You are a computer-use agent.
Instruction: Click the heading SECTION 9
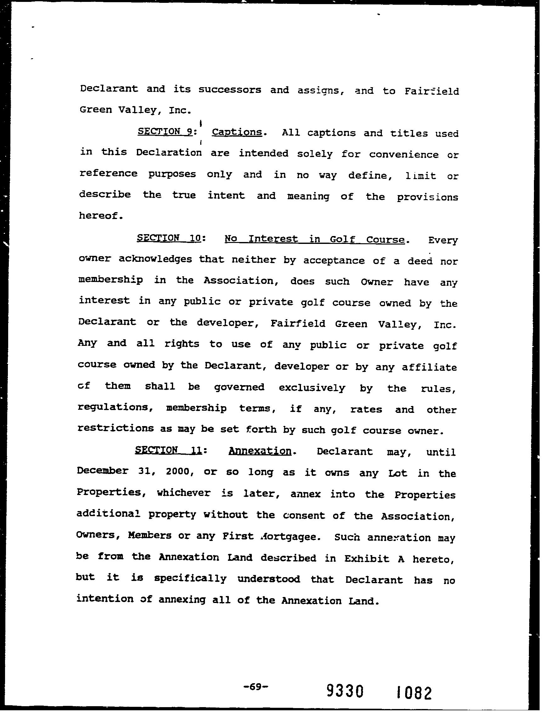tap(165, 132)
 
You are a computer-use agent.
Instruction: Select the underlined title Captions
tap(237, 132)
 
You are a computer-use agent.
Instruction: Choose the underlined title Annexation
tap(260, 451)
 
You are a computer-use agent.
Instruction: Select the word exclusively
tap(312, 387)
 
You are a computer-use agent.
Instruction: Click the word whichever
tap(184, 493)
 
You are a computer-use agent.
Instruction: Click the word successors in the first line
tap(229, 89)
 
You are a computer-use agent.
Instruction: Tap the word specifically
tap(190, 579)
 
